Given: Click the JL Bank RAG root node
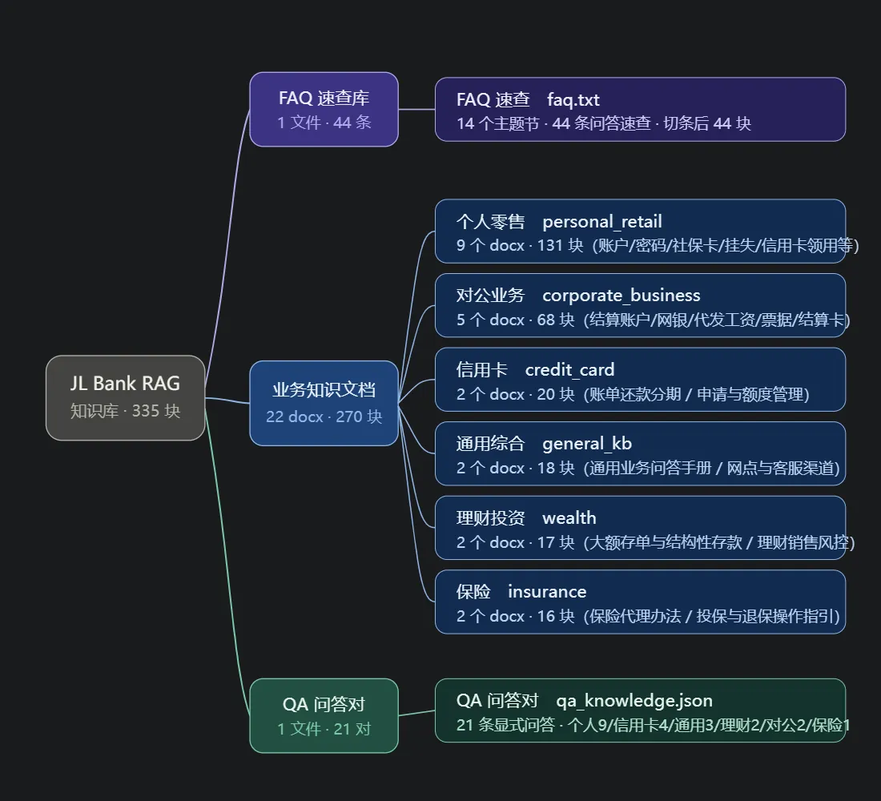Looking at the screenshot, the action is click(x=125, y=397).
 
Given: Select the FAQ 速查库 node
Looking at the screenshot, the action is click(x=324, y=109).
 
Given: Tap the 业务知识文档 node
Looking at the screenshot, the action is click(x=324, y=403).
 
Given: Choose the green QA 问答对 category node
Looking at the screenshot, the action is click(x=324, y=715).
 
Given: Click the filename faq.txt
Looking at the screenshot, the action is click(x=573, y=99).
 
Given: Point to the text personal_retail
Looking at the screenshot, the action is click(x=601, y=221).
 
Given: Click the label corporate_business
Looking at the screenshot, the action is click(x=621, y=295).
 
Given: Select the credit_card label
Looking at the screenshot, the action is click(x=569, y=370).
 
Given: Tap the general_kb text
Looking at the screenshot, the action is click(x=587, y=444).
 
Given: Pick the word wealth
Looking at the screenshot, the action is click(x=569, y=517).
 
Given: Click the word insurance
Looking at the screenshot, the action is click(x=547, y=591).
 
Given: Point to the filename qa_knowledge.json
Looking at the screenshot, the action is click(x=634, y=700).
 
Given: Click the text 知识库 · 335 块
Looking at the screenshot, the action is click(x=125, y=411).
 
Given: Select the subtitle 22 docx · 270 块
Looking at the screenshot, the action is click(x=324, y=417).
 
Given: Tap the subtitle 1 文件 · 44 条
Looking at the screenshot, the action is click(x=324, y=122).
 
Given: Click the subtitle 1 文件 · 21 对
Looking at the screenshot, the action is click(x=324, y=728).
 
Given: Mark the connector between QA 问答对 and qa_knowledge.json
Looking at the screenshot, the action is click(x=417, y=713).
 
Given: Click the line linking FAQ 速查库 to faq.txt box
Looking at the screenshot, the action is click(x=417, y=109).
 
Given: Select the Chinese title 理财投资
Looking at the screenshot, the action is click(x=490, y=517).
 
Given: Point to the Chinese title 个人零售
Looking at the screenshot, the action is click(x=490, y=221).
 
